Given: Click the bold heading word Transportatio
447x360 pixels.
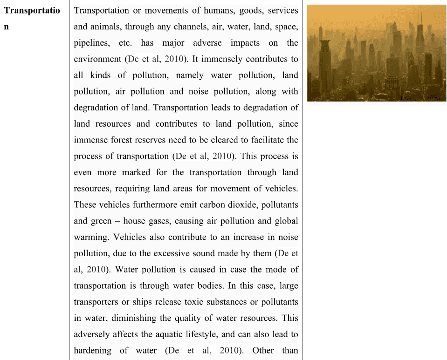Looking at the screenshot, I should point(32,10).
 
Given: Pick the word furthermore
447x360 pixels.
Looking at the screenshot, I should point(146,204).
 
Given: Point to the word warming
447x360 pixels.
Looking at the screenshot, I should point(91,237).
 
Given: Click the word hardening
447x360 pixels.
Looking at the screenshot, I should point(93,350).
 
